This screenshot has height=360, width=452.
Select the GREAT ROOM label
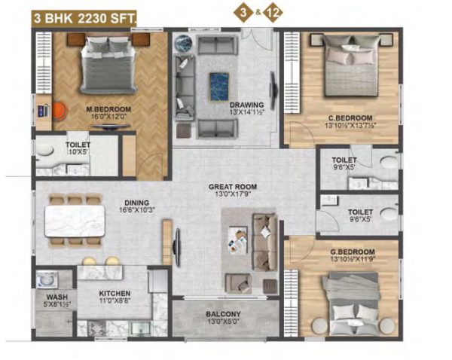tap(233, 186)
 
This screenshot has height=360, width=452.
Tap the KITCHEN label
tap(115, 293)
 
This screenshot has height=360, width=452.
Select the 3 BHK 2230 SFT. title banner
tap(79, 14)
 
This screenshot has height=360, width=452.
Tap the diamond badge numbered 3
tap(241, 14)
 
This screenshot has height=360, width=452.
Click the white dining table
tap(74, 221)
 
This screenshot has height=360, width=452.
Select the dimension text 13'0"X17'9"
tap(233, 194)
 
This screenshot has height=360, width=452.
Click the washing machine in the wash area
tap(45, 279)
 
